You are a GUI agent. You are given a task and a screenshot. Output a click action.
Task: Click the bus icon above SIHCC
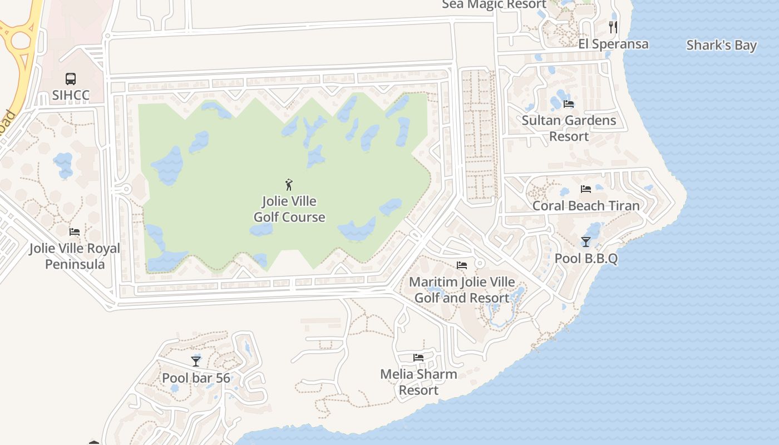[71, 79]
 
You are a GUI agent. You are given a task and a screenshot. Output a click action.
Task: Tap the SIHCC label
[71, 95]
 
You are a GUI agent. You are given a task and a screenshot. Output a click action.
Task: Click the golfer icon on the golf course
[289, 184]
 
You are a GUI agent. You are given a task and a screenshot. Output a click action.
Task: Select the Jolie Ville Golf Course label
[289, 209]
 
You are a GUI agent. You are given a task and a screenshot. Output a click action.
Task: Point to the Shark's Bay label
[721, 45]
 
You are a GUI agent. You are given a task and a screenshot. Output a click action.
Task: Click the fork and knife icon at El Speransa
[613, 27]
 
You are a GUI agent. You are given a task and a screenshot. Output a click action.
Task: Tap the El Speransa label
[613, 44]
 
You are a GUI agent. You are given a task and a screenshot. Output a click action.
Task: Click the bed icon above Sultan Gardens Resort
[569, 103]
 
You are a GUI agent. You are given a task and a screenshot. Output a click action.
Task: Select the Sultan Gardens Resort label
[569, 128]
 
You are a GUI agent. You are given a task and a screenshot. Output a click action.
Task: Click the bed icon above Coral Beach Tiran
[585, 189]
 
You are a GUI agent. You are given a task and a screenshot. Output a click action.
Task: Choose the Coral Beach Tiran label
[586, 205]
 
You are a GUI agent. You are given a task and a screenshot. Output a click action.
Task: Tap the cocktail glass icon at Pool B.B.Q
[586, 241]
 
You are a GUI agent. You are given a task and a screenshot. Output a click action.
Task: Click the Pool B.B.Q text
[586, 259]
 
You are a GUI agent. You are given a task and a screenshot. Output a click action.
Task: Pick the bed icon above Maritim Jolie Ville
[462, 265]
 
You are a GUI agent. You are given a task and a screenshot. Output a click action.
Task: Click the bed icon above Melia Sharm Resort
[418, 358]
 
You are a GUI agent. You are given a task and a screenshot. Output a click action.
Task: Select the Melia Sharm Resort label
[418, 382]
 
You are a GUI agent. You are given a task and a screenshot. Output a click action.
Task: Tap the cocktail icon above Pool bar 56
[196, 361]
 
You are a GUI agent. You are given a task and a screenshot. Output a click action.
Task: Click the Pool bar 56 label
[196, 378]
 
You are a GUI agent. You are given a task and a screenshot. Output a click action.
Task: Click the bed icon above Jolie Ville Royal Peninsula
[75, 232]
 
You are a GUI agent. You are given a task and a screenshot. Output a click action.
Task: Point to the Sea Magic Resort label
[494, 4]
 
